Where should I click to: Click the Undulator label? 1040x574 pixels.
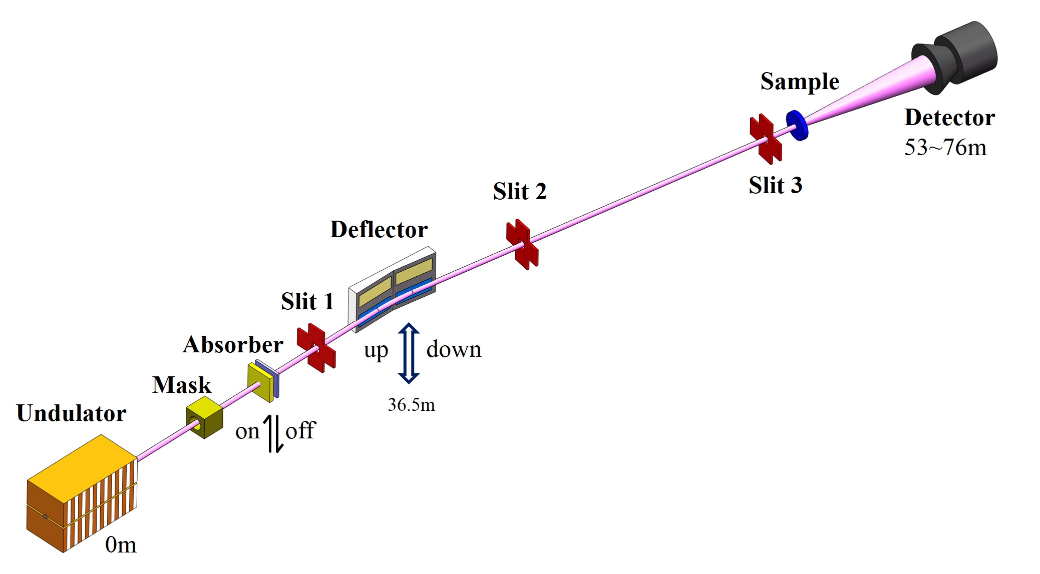(71, 414)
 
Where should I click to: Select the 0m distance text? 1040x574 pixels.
(121, 544)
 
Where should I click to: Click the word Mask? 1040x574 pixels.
(182, 385)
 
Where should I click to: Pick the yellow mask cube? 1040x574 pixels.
(204, 417)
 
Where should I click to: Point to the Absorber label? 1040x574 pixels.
(233, 345)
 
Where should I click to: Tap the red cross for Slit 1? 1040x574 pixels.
(316, 348)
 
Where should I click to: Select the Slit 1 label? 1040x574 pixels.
(307, 302)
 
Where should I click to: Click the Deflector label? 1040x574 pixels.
(379, 230)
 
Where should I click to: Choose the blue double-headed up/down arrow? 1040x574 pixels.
(409, 353)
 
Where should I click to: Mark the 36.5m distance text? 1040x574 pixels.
(411, 405)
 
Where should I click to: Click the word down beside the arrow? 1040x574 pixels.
(454, 349)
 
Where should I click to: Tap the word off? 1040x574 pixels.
(300, 430)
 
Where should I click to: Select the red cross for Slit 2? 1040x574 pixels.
(522, 244)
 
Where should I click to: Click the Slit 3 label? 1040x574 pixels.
(775, 186)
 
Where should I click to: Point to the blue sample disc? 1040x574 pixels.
(797, 125)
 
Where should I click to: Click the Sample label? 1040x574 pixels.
(800, 82)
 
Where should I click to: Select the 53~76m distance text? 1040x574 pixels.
(945, 148)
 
